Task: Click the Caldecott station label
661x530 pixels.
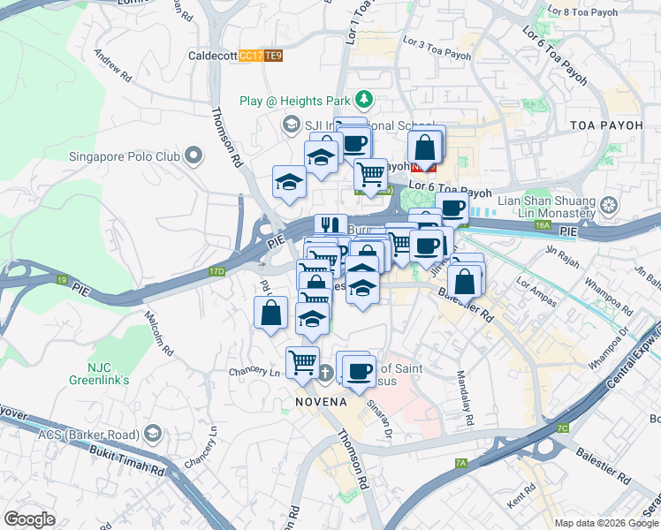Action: pyautogui.click(x=212, y=56)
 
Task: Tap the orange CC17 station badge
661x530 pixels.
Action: pyautogui.click(x=251, y=56)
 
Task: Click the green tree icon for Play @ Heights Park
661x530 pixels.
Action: pyautogui.click(x=362, y=98)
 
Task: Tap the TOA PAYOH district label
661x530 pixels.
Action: pyautogui.click(x=606, y=125)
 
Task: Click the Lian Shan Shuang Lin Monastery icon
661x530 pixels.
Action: pyautogui.click(x=609, y=208)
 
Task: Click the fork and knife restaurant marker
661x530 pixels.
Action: pyautogui.click(x=327, y=225)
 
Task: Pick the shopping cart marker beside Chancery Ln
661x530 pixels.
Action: pyautogui.click(x=302, y=361)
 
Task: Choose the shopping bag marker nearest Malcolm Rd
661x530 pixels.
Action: pyautogui.click(x=271, y=312)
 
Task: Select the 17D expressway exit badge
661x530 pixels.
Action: pyautogui.click(x=217, y=271)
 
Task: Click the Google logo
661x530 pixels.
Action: pyautogui.click(x=29, y=519)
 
